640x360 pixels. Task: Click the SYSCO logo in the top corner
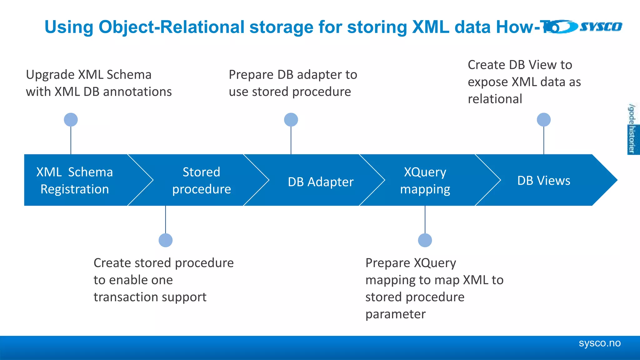coord(587,27)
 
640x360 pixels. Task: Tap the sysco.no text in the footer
coord(599,343)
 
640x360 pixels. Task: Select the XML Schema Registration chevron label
coord(74,181)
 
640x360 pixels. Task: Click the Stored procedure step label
coord(202,181)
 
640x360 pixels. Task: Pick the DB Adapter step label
coord(321,182)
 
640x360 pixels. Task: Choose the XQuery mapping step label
coord(425,181)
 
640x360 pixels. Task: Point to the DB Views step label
coord(543,181)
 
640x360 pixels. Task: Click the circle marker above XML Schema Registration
coord(71,120)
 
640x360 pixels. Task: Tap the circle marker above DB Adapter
coord(291,120)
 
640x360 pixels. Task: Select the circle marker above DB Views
coord(543,120)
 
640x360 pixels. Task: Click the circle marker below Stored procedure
coord(166,240)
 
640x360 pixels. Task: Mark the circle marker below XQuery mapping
coord(425,240)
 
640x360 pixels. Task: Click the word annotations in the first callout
coord(137,92)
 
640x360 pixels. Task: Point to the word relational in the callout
coord(495,99)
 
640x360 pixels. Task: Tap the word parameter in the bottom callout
coord(395,314)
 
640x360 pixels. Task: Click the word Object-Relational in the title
coord(171,27)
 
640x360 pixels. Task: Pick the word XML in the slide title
coord(430,27)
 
